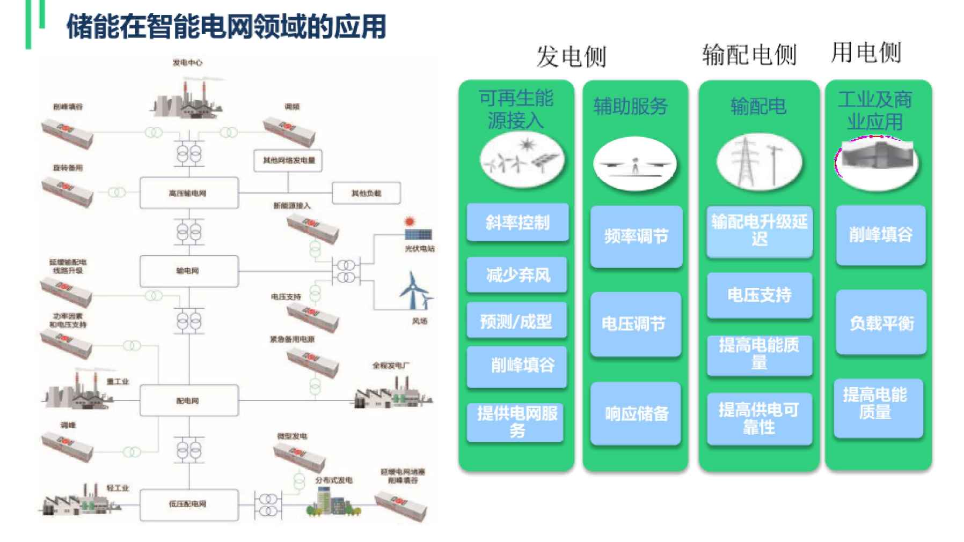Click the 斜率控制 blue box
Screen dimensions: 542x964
tap(517, 222)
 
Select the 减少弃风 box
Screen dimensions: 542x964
tap(517, 275)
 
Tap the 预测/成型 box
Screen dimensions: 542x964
tap(516, 321)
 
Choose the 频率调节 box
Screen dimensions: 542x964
tap(636, 236)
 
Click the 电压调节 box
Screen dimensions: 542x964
tap(635, 324)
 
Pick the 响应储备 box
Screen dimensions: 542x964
tap(636, 413)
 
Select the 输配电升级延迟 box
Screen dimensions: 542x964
tap(759, 231)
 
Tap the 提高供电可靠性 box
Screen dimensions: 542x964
tap(759, 419)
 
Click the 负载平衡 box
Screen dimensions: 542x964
tap(881, 323)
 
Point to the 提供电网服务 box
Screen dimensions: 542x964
tap(516, 422)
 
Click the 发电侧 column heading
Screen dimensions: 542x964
tap(571, 56)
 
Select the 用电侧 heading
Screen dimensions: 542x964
tap(866, 53)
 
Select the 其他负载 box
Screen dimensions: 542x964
tap(366, 193)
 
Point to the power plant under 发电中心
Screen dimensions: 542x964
tap(187, 100)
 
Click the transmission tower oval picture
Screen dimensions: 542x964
tap(759, 161)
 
